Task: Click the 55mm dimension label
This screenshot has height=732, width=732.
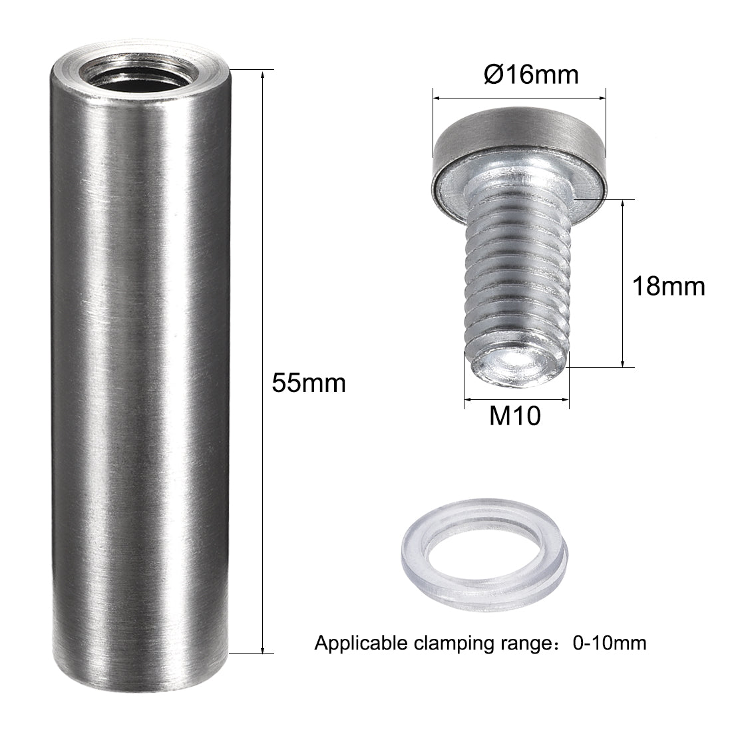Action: tap(309, 383)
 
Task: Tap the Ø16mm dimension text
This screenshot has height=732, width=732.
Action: tap(531, 75)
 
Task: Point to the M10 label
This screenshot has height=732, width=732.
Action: tap(515, 415)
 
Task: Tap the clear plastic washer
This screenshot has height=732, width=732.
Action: tap(484, 556)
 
